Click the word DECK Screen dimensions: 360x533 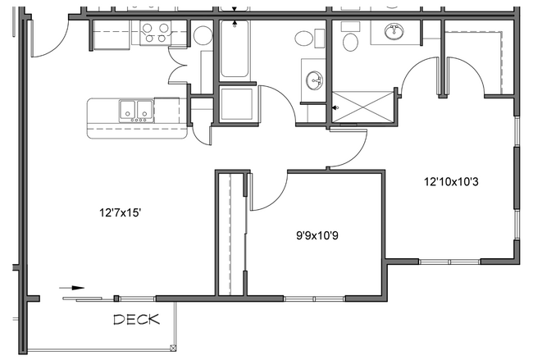tap(136, 319)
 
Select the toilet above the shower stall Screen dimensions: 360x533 tap(350, 41)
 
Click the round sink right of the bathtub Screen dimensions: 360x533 tap(314, 79)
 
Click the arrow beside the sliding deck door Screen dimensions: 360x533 tap(73, 288)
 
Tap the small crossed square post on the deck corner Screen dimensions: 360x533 tap(171, 348)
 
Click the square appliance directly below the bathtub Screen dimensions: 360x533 tap(235, 104)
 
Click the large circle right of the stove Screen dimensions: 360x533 tap(203, 35)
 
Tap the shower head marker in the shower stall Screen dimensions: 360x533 tap(336, 107)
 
